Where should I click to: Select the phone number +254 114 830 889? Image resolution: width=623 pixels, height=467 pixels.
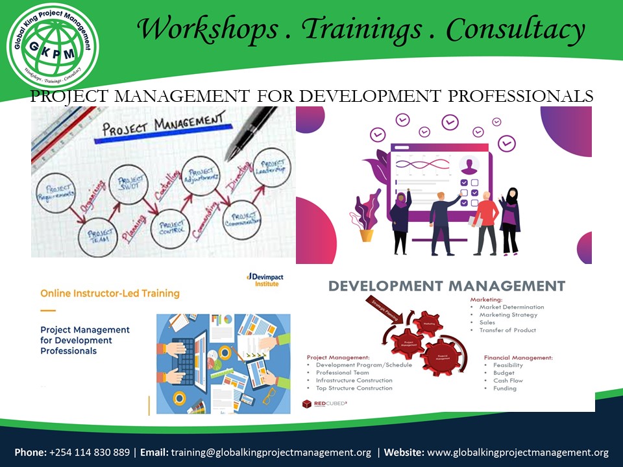89,452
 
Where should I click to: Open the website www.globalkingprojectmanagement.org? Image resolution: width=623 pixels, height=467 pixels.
518,452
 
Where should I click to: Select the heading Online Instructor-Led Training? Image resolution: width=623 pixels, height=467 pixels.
110,293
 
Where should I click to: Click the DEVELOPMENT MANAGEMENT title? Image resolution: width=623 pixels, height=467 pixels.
446,286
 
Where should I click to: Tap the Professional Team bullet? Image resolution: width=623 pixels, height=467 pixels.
342,373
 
